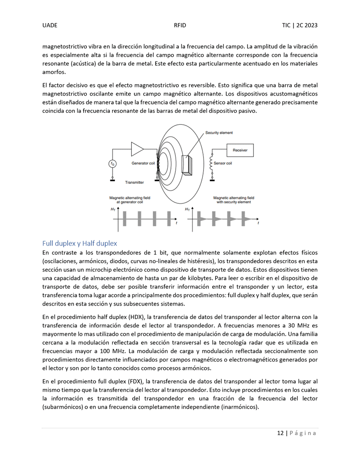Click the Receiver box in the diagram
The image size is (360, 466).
pos(240,151)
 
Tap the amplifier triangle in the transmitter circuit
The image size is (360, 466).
pos(137,149)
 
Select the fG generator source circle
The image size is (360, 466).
pos(112,164)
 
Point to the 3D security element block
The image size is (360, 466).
pos(188,166)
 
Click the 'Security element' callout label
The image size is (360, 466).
pos(219,133)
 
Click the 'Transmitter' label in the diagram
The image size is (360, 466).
pos(134,182)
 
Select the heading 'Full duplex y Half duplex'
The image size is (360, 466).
pos(80,243)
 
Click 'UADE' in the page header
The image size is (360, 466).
pos(50,26)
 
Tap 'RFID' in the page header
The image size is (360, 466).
pos(180,26)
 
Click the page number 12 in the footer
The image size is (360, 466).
pos(280,433)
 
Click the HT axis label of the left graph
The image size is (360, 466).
pos(113,209)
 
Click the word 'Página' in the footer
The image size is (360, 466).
pos(303,433)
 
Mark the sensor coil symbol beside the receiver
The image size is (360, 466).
pos(212,165)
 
